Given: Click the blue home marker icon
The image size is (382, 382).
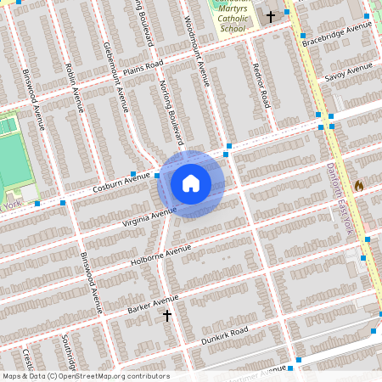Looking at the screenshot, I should tap(191, 183).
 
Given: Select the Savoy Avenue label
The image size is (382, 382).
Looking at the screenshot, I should tap(349, 72).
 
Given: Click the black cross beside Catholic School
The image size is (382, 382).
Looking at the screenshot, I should tap(271, 16).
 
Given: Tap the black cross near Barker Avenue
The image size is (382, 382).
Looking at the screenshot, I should tap(167, 316).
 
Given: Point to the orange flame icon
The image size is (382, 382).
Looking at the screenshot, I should tap(359, 185).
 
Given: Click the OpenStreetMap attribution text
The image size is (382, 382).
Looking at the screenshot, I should tap(85, 376).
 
